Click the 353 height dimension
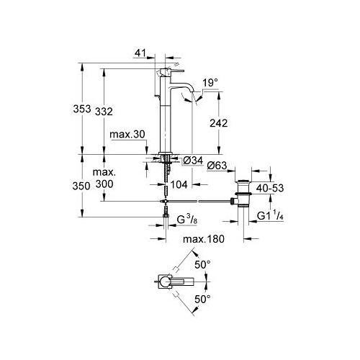82,109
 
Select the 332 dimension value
104,112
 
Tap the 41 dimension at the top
140,53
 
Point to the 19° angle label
210,83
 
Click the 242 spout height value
218,123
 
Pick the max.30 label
127,135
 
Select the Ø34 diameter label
193,161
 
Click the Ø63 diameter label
217,166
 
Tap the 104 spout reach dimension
179,184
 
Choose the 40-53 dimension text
270,188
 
